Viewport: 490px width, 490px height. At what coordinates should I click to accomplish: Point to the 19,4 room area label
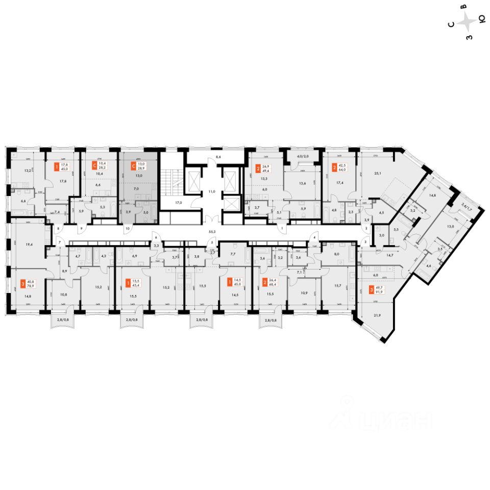pyautogui.click(x=30, y=245)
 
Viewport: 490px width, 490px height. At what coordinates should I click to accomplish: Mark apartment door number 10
pyautogui.click(x=127, y=229)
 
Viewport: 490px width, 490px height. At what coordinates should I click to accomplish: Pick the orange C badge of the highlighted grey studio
pyautogui.click(x=134, y=165)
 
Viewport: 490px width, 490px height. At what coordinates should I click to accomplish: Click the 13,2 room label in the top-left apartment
pyautogui.click(x=20, y=171)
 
